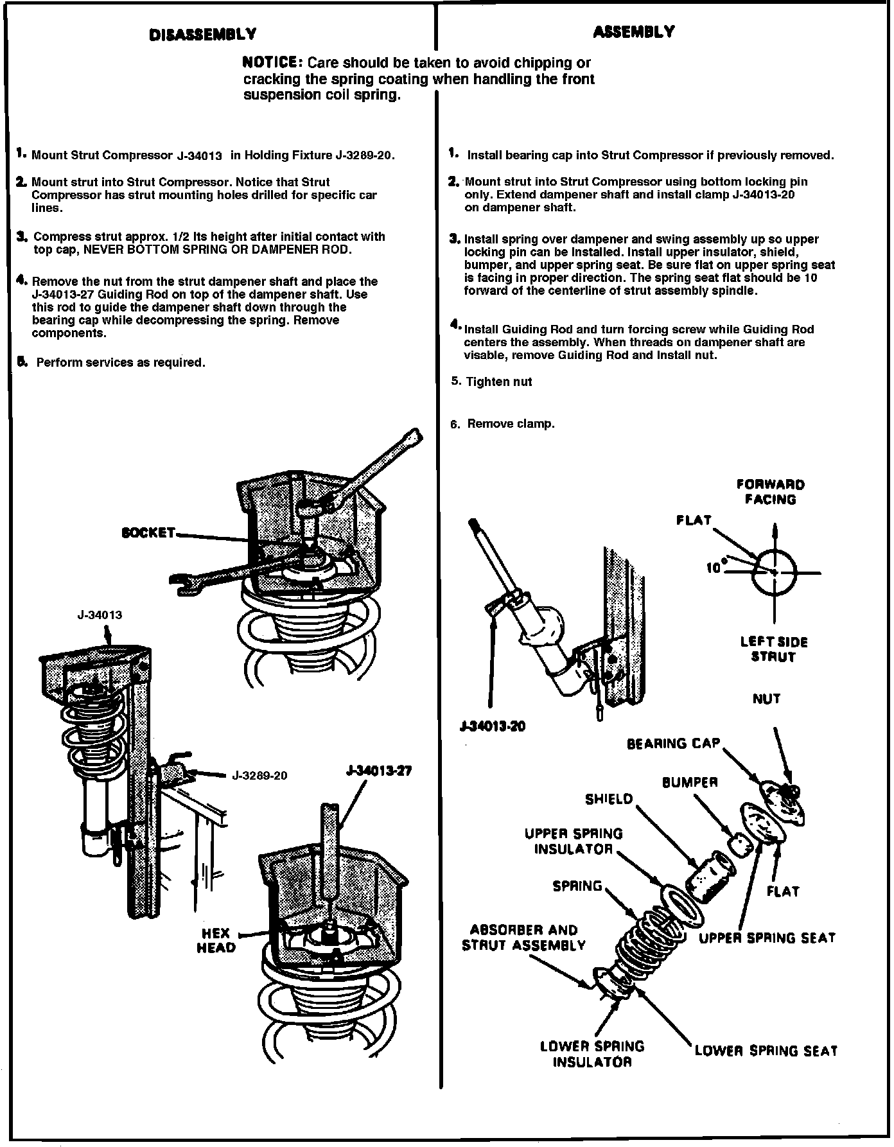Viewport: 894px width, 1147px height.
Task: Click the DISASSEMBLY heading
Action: tap(203, 35)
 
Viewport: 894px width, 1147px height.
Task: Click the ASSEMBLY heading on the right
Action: tap(633, 32)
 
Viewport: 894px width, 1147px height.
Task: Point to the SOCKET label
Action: tap(148, 533)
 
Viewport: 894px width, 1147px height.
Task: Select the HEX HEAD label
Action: tap(216, 941)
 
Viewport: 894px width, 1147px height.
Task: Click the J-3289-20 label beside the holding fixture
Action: tap(259, 776)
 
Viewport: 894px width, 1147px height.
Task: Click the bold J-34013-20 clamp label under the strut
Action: tap(493, 727)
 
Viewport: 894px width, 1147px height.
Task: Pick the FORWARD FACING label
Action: tap(770, 492)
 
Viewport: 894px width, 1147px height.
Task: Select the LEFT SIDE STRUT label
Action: tap(773, 649)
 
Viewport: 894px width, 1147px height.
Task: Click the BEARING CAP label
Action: tap(673, 744)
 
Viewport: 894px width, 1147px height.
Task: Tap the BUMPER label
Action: tap(690, 783)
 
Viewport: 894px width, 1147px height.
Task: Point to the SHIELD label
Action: tap(608, 800)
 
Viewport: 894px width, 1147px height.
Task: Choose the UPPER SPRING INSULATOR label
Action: tap(574, 841)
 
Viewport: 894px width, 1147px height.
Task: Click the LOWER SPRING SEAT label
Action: tap(766, 1051)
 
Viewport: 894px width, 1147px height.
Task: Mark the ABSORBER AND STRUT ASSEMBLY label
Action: tap(523, 938)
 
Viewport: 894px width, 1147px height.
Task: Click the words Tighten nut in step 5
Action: tap(499, 382)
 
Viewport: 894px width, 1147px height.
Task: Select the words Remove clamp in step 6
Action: tap(511, 424)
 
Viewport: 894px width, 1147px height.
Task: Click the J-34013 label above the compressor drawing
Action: tap(100, 615)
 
